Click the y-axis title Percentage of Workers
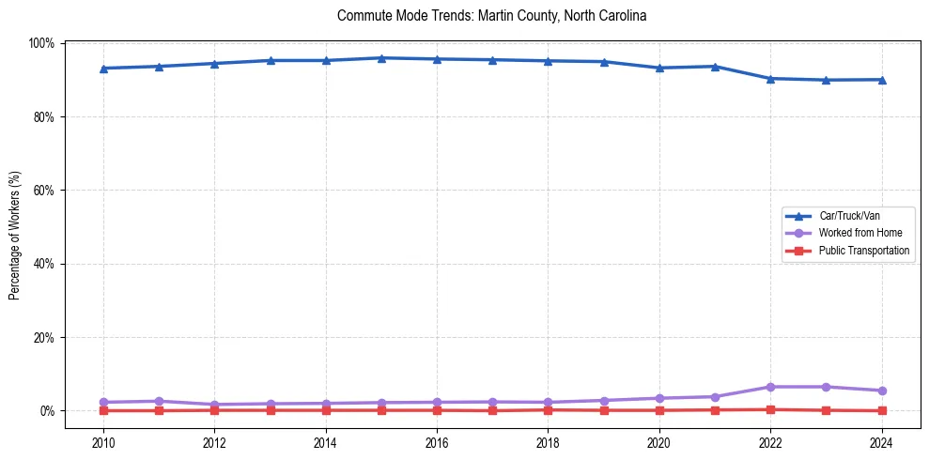14,226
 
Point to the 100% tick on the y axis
43,43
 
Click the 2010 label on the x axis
103,443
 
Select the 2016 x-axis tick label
437,443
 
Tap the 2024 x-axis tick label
881,443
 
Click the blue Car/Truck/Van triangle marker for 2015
381,58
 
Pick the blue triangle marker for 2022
770,79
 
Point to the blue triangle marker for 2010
103,69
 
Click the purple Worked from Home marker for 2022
770,387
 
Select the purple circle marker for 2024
881,391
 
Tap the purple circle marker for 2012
214,405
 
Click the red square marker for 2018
548,409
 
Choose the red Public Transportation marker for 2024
881,410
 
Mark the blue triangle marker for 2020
659,68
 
